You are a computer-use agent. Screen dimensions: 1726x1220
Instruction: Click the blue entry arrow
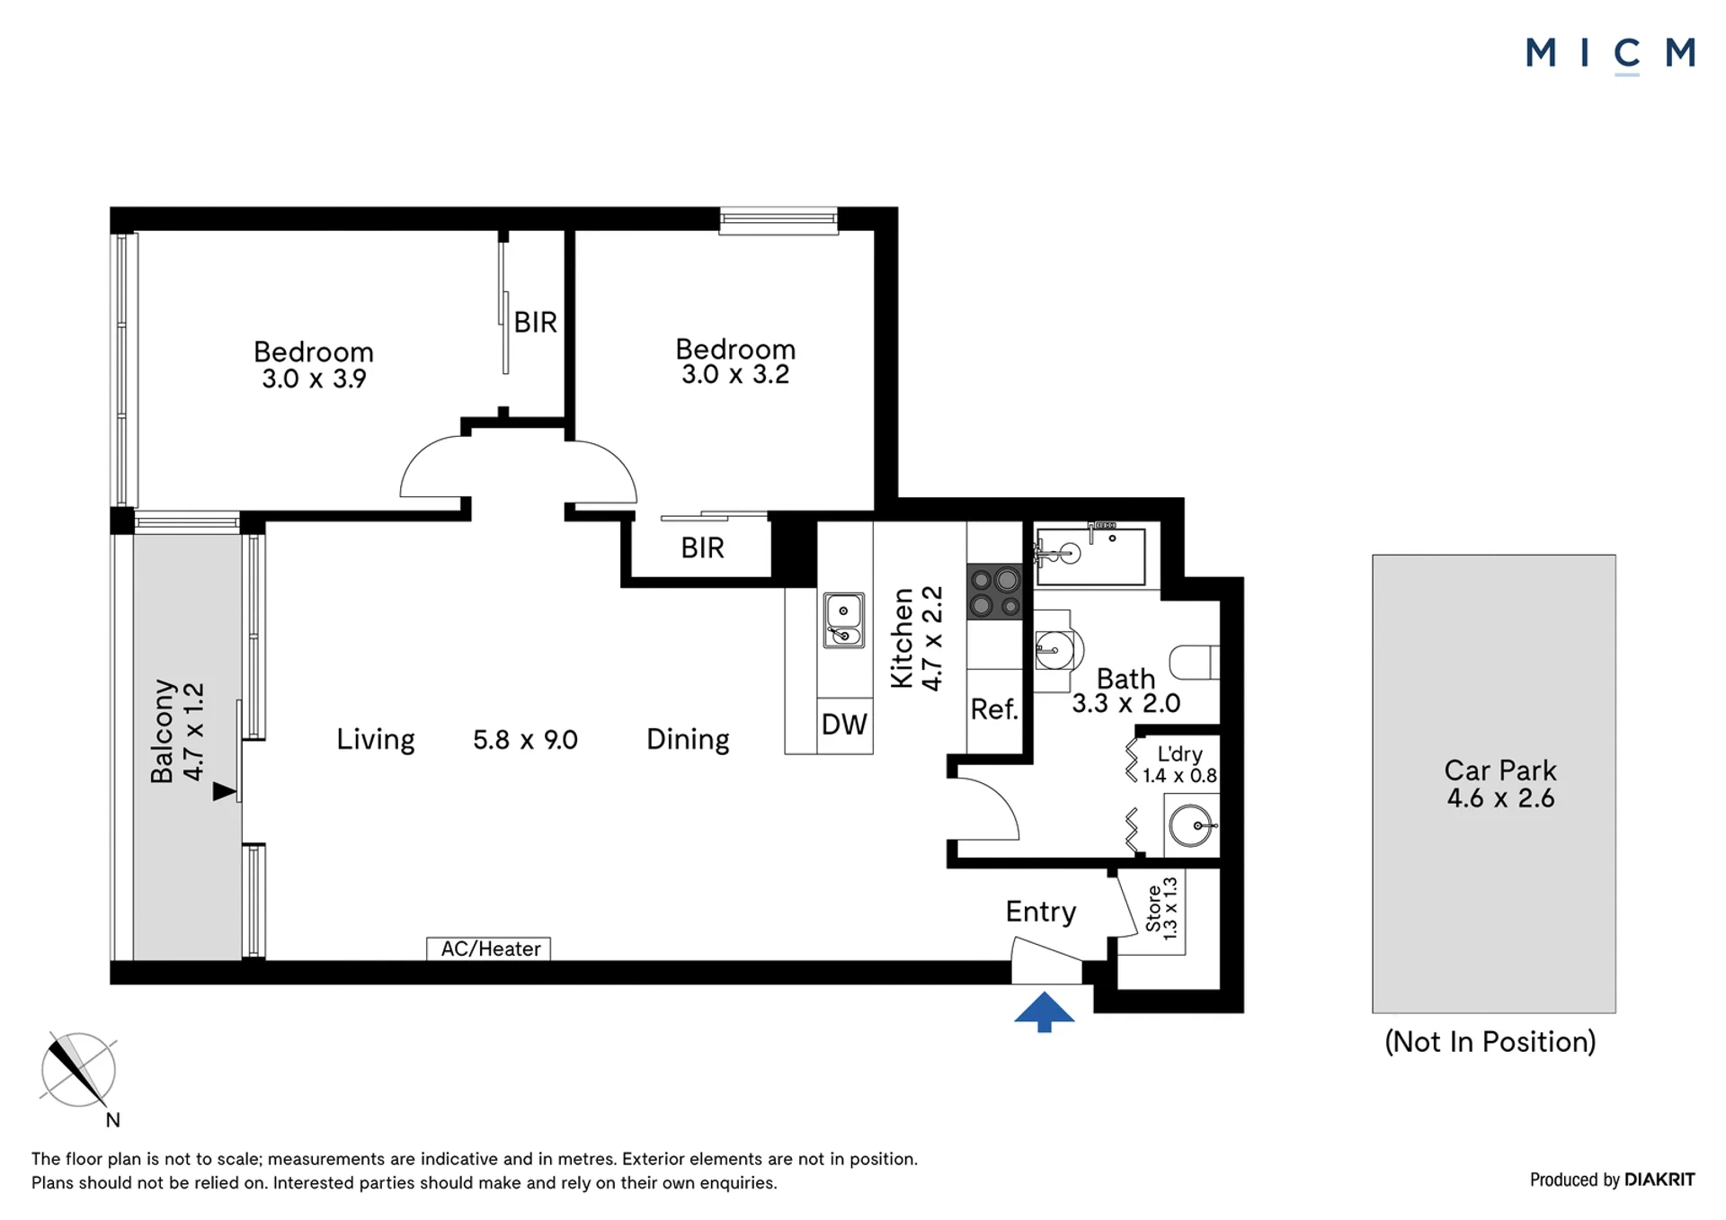(x=1044, y=1011)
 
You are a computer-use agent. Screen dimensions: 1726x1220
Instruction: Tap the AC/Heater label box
(x=488, y=948)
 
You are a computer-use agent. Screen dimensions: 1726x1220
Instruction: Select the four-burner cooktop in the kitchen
(x=994, y=592)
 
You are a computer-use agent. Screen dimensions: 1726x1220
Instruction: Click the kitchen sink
(x=844, y=619)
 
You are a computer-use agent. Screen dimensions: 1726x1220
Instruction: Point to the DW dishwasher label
(x=844, y=725)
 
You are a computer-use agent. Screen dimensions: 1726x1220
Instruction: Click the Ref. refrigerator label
(x=994, y=709)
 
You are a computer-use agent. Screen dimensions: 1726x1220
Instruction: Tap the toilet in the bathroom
(x=1195, y=663)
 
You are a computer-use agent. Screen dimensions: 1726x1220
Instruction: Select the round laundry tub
(x=1191, y=824)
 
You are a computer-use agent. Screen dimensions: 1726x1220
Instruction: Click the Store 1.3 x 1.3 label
(x=1161, y=908)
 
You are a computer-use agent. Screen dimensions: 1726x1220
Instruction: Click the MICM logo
(x=1610, y=53)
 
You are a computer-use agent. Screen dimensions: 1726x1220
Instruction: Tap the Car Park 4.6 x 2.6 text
(x=1499, y=784)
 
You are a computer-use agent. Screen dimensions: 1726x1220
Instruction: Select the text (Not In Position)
(x=1490, y=1041)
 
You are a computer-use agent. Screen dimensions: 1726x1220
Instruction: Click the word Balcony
(x=162, y=731)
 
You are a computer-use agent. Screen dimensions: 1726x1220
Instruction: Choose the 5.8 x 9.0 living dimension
(x=525, y=740)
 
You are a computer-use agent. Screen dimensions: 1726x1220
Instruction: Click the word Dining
(x=688, y=739)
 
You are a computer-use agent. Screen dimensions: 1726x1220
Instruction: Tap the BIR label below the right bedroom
(x=702, y=548)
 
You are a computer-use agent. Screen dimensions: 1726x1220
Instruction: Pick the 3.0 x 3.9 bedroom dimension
(x=314, y=378)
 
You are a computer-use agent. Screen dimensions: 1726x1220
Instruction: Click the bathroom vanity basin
(x=1055, y=649)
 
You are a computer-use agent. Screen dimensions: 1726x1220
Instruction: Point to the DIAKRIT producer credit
(x=1659, y=1180)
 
